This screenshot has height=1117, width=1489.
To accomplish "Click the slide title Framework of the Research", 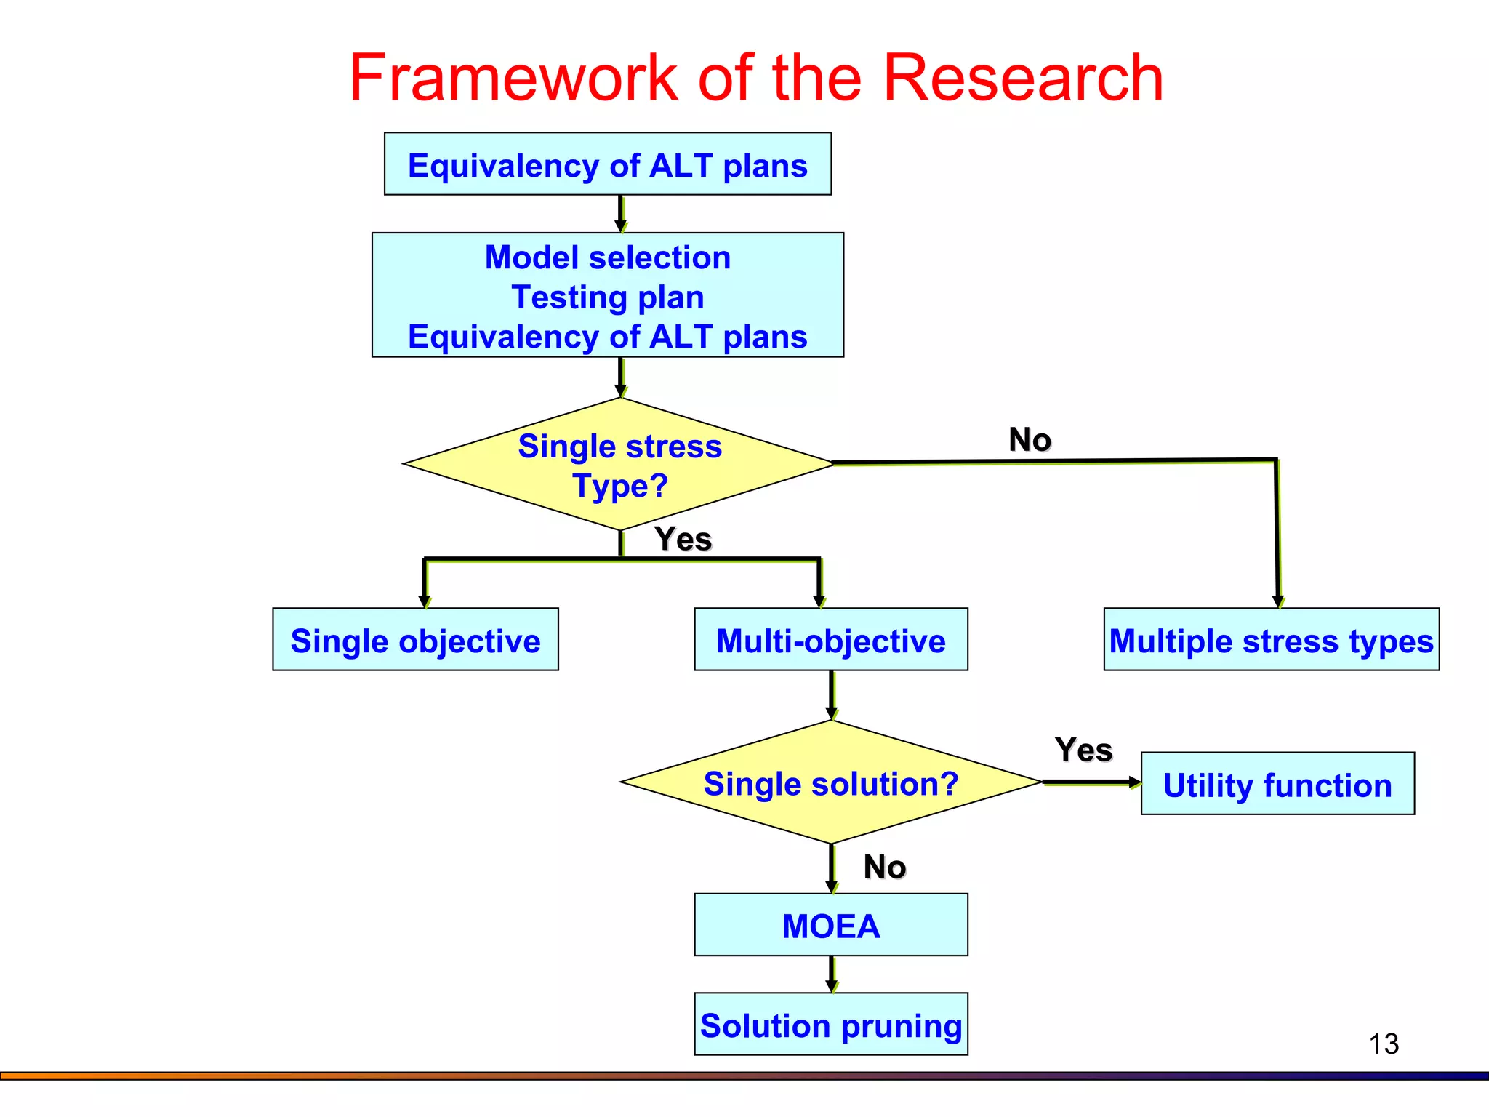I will pyautogui.click(x=756, y=78).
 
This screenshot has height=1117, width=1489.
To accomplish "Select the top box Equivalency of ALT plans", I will pyautogui.click(x=608, y=164).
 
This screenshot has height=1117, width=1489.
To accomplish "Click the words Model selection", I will pyautogui.click(x=608, y=257).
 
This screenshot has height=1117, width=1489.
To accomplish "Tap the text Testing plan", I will pyautogui.click(x=608, y=297).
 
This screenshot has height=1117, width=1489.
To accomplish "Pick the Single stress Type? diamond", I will pyautogui.click(x=619, y=465).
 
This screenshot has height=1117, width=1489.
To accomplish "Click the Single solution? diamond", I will pyautogui.click(x=831, y=783).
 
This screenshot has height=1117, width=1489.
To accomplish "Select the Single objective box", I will pyautogui.click(x=415, y=640).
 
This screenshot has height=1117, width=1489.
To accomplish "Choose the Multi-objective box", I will pyautogui.click(x=831, y=640).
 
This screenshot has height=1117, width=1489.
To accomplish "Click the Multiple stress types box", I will pyautogui.click(x=1271, y=640).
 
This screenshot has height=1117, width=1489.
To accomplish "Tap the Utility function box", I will pyautogui.click(x=1277, y=784).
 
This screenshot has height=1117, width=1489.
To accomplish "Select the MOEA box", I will pyautogui.click(x=831, y=925).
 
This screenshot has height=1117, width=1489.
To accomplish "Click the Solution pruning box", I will pyautogui.click(x=831, y=1025).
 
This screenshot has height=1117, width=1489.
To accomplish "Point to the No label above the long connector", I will pyautogui.click(x=1030, y=440).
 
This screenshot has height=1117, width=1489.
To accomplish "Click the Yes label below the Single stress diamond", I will pyautogui.click(x=683, y=539).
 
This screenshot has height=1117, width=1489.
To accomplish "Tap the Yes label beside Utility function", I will pyautogui.click(x=1083, y=750).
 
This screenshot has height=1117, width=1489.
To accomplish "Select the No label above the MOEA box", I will pyautogui.click(x=884, y=867).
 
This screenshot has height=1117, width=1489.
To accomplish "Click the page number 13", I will pyautogui.click(x=1384, y=1044).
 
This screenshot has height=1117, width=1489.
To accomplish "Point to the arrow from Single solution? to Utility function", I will pyautogui.click(x=1091, y=782).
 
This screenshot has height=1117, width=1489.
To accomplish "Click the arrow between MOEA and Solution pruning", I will pyautogui.click(x=832, y=974).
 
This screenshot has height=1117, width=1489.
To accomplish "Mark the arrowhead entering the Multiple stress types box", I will pyautogui.click(x=1278, y=601).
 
